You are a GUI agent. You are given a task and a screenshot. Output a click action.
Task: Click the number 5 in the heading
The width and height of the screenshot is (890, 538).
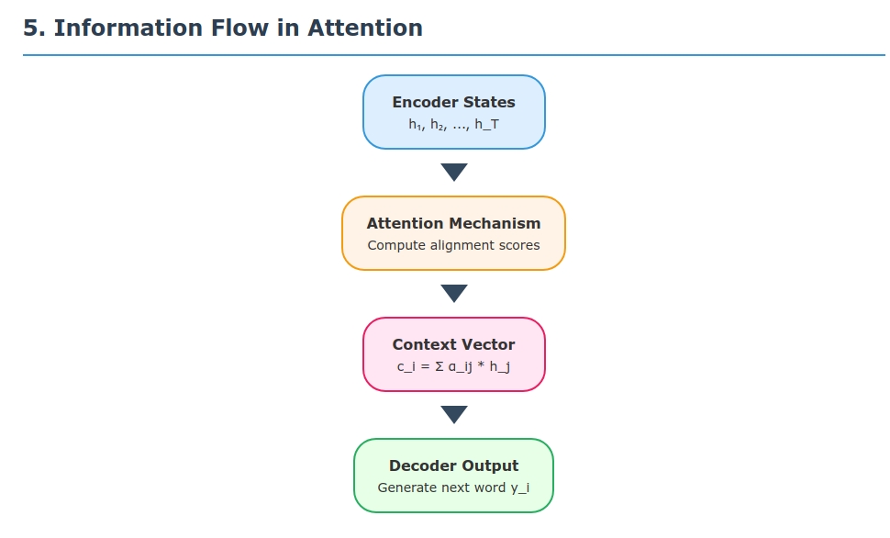pos(30,28)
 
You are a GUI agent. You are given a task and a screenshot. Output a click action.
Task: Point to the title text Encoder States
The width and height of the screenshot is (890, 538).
pos(453,102)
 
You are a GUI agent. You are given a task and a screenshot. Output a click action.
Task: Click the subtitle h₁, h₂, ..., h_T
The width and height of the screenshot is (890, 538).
pos(453,124)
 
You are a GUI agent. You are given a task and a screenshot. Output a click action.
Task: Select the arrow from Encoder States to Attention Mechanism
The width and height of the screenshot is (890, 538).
pos(453,172)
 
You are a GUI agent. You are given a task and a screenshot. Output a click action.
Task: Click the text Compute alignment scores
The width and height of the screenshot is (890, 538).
pos(453,245)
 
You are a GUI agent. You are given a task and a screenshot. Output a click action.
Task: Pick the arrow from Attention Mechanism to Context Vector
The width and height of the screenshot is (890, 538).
pos(453,293)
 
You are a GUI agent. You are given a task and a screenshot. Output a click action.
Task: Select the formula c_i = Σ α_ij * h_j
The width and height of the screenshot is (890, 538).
pos(453,366)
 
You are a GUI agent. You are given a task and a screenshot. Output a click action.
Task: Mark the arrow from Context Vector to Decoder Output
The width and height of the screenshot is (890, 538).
pos(453,414)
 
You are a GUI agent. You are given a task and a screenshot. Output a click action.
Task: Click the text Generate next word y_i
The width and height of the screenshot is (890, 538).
pos(453,488)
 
